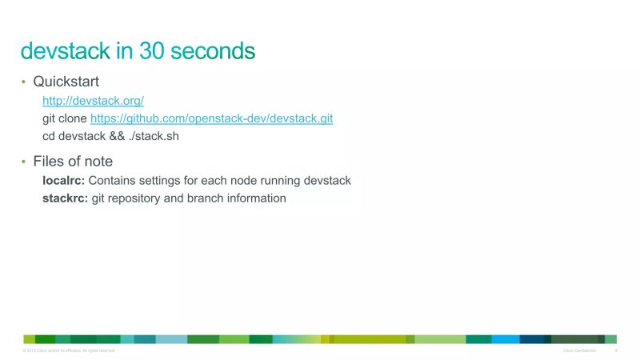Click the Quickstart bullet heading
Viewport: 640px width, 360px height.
66,82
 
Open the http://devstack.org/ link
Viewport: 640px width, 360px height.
93,101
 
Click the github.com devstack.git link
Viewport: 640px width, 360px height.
211,118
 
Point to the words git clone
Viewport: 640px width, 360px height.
65,118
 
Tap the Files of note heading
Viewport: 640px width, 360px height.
73,162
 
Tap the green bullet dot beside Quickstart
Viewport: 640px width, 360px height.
24,82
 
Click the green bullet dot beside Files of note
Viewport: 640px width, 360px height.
24,162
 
